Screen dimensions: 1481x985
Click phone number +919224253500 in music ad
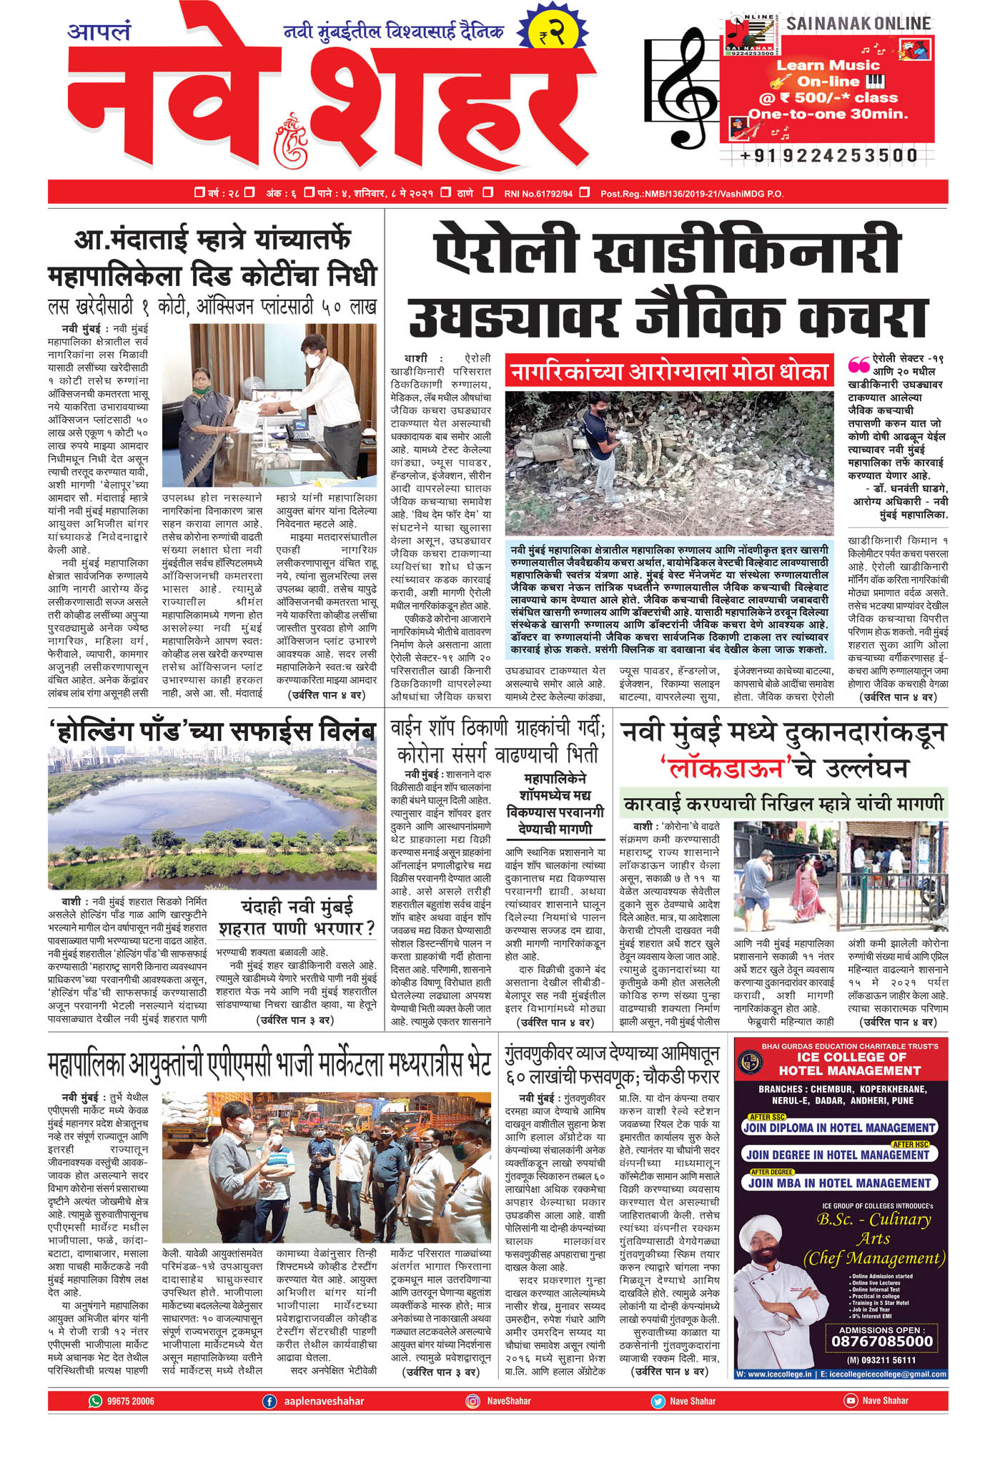pos(829,155)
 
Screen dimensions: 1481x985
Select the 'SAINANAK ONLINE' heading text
pos(858,24)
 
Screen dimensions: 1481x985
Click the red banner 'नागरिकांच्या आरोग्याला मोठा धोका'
pos(669,371)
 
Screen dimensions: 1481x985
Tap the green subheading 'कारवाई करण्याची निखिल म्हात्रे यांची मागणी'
pos(783,804)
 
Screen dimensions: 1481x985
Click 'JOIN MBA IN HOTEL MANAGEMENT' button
pos(839,1183)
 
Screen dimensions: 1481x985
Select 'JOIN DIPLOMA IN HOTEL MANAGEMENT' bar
pos(838,1128)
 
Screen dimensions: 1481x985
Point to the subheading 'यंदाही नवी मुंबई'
pos(297,907)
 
